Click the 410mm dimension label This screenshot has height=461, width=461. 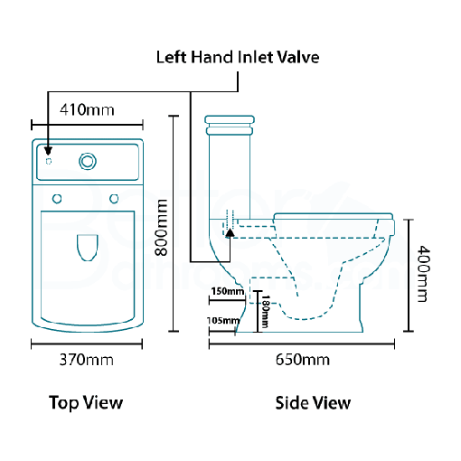[x=87, y=110]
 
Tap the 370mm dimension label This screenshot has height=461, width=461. [x=86, y=360]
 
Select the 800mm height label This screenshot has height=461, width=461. [x=162, y=229]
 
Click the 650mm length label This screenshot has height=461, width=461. [x=302, y=360]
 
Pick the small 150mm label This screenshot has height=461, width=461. [x=227, y=291]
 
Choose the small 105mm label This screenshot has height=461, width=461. [x=224, y=320]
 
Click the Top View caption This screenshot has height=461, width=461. [x=86, y=402]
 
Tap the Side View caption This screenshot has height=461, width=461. [x=313, y=402]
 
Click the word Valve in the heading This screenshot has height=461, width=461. [x=298, y=57]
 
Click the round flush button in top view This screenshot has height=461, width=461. [x=88, y=161]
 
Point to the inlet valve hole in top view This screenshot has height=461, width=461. [x=48, y=160]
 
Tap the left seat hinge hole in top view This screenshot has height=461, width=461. [x=57, y=198]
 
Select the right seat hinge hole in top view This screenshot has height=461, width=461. [x=115, y=198]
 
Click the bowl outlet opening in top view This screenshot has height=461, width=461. [x=87, y=247]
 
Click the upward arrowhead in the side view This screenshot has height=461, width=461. [x=230, y=232]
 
